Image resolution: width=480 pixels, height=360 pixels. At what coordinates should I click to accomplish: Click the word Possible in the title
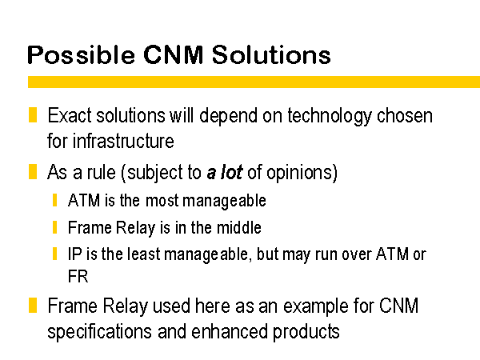point(81,55)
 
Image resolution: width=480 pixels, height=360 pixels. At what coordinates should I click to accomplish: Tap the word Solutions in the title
point(271,54)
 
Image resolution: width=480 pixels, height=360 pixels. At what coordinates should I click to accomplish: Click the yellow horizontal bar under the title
point(254,82)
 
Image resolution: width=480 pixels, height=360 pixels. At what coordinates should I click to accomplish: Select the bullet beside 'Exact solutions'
point(33,114)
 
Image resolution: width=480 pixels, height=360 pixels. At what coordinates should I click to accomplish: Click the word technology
point(330,117)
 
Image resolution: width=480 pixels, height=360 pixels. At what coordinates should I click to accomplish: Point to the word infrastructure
point(123,141)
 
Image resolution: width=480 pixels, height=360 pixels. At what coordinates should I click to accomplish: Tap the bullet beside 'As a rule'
point(33,171)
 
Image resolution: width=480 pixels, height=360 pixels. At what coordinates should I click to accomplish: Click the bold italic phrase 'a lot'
point(225,172)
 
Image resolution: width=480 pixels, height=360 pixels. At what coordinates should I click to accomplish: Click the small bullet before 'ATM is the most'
point(54,200)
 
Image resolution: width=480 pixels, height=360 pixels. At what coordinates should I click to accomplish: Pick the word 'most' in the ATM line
point(162,201)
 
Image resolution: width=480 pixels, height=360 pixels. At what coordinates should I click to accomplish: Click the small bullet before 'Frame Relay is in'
point(54,227)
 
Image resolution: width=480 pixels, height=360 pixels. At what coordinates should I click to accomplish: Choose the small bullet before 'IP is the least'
point(54,254)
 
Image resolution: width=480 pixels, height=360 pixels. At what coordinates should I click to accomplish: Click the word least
point(143,254)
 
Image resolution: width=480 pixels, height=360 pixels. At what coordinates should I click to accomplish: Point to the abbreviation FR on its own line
point(78,277)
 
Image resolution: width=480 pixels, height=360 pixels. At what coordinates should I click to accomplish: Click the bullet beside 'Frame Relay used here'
point(33,306)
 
